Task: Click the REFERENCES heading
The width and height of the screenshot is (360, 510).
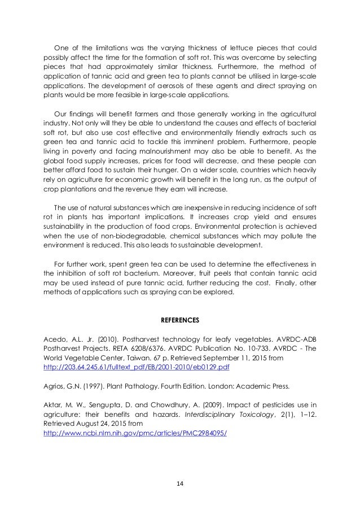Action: pyautogui.click(x=179, y=320)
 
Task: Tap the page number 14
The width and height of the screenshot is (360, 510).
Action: pyautogui.click(x=180, y=483)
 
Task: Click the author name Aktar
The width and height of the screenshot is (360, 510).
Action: pyautogui.click(x=54, y=405)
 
